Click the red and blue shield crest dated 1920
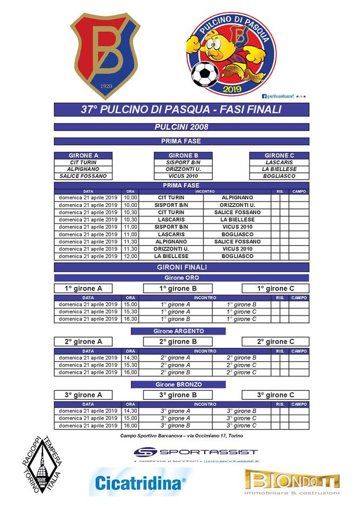pos(107,55)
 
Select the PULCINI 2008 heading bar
pos(181,127)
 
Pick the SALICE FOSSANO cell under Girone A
pos(83,176)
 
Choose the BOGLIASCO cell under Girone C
pos(279,176)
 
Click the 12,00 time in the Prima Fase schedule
pos(130,256)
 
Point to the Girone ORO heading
pos(181,277)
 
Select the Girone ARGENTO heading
pos(179,331)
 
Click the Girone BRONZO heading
pos(179,384)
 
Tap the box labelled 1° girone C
pos(275,288)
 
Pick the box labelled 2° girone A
pos(83,342)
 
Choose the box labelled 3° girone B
pos(179,395)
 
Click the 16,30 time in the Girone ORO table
pos(130,319)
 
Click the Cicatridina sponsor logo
pos(141,482)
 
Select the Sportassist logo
pos(196,452)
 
